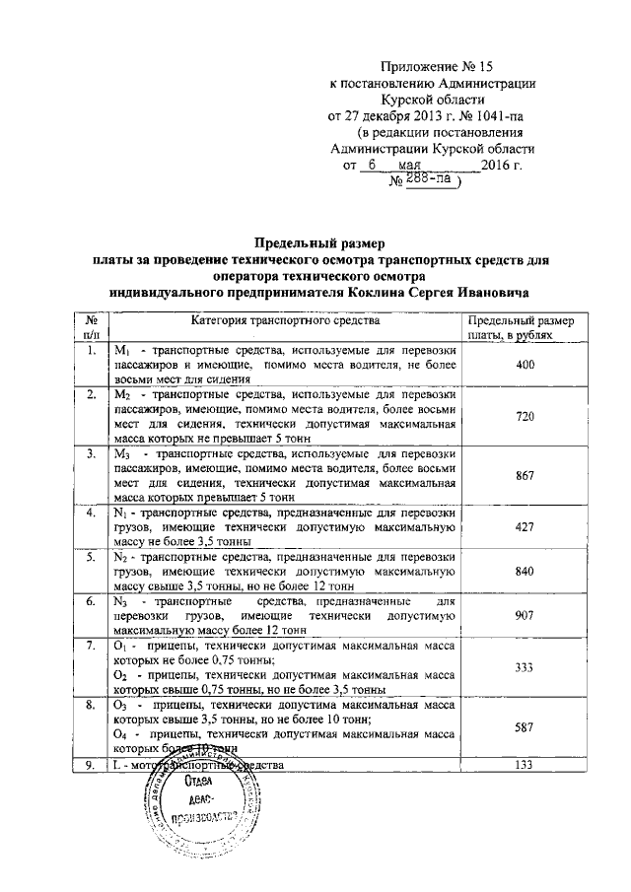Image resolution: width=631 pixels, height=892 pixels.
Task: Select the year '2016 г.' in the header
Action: pyautogui.click(x=502, y=166)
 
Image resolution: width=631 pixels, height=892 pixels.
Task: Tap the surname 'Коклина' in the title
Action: pyautogui.click(x=389, y=292)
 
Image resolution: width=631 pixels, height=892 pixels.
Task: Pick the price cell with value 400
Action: pyautogui.click(x=525, y=366)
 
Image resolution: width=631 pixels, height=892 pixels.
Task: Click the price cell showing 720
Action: pyautogui.click(x=525, y=418)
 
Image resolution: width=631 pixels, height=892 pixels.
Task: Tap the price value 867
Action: pyautogui.click(x=525, y=476)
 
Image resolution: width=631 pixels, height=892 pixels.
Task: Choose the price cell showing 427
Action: pyautogui.click(x=525, y=527)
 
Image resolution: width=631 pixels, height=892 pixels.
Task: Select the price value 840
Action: pyautogui.click(x=525, y=571)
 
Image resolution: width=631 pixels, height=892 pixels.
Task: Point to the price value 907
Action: pyautogui.click(x=525, y=614)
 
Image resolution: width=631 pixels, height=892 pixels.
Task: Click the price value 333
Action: pyautogui.click(x=525, y=667)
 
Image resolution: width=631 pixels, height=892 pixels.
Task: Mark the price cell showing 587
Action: pyautogui.click(x=525, y=728)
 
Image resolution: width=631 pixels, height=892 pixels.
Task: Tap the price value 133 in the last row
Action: pyautogui.click(x=525, y=766)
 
